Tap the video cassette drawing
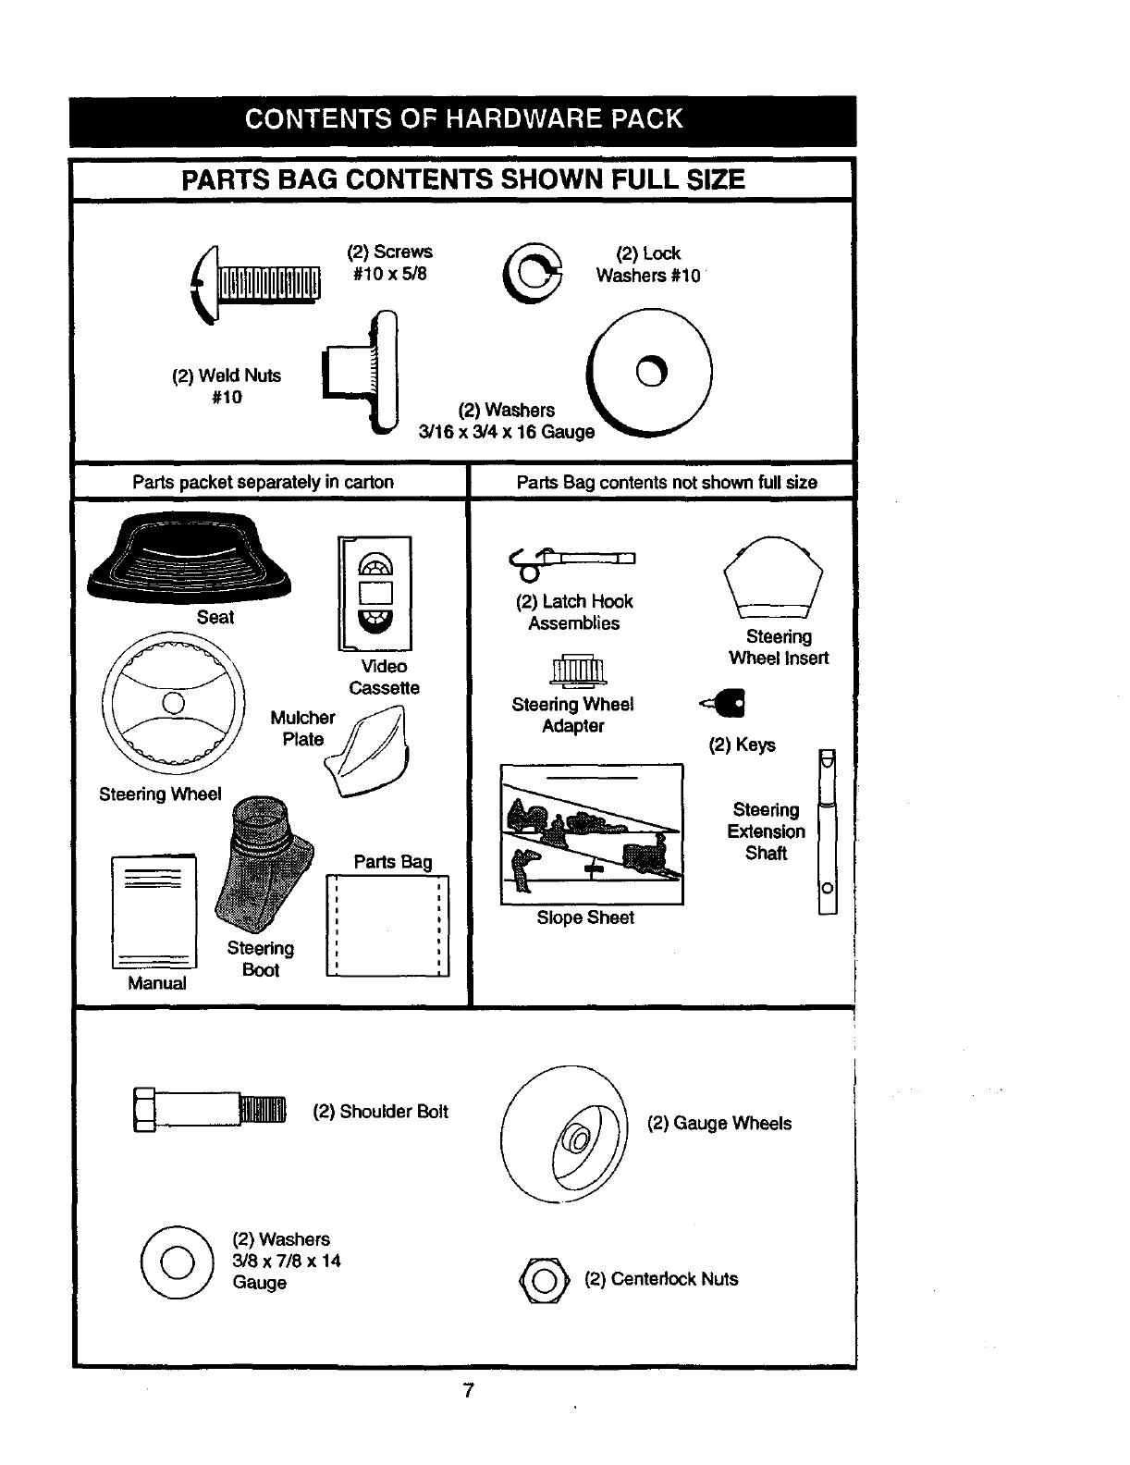(x=375, y=593)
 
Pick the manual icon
(x=154, y=912)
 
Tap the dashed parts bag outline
(x=388, y=925)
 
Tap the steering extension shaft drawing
(x=828, y=831)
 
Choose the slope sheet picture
(x=592, y=833)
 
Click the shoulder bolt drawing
(x=211, y=1109)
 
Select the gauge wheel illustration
(x=564, y=1135)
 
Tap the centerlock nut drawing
(x=544, y=1281)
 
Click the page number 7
(x=468, y=1390)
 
